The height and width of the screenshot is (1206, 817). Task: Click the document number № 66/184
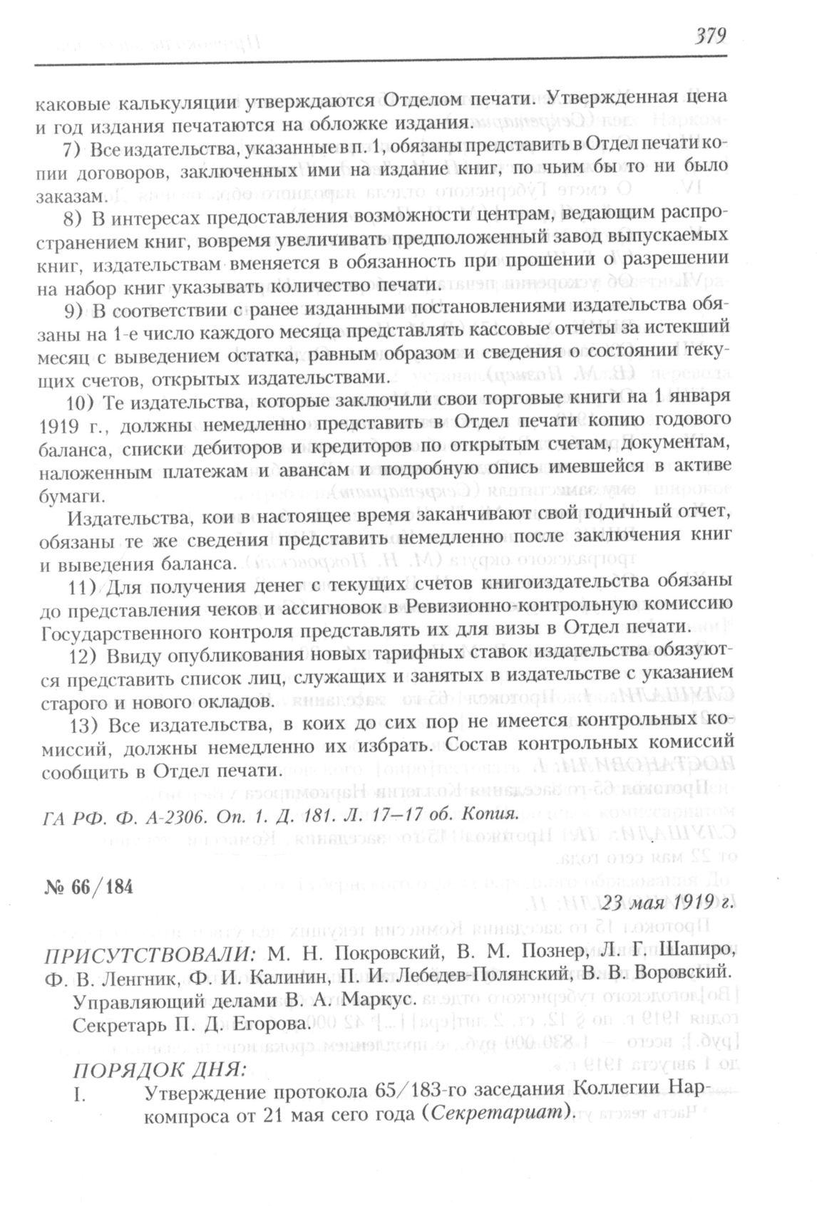pos(88,888)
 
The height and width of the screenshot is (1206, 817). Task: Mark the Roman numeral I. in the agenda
pos(79,1093)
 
